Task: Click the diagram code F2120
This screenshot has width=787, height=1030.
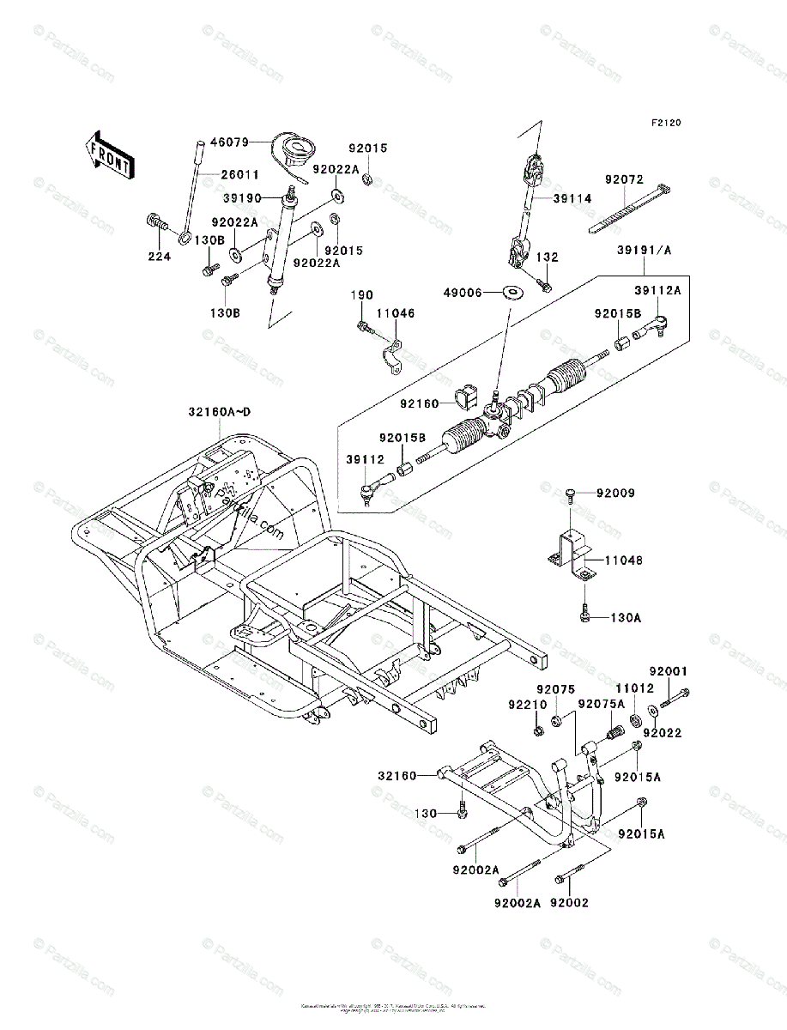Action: point(665,124)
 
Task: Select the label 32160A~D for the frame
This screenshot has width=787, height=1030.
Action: point(221,412)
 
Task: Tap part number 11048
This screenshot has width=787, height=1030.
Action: point(623,560)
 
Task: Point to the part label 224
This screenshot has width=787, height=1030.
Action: point(159,256)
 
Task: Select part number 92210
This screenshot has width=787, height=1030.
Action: point(527,706)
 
